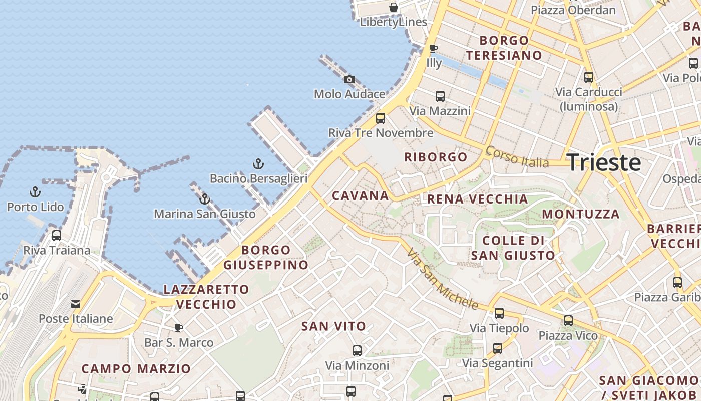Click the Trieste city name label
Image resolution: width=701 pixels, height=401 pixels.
pyautogui.click(x=604, y=163)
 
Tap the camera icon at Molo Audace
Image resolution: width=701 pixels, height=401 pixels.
pyautogui.click(x=349, y=79)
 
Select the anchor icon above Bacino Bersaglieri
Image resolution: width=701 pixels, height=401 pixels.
pyautogui.click(x=258, y=164)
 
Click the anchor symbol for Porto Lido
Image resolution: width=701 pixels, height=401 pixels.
pyautogui.click(x=35, y=192)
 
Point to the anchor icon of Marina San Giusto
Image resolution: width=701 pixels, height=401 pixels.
pyautogui.click(x=204, y=199)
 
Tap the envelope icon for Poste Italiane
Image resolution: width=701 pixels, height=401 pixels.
pyautogui.click(x=76, y=304)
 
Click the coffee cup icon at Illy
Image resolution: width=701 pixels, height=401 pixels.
pyautogui.click(x=434, y=48)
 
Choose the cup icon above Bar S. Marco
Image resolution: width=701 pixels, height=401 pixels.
pyautogui.click(x=178, y=328)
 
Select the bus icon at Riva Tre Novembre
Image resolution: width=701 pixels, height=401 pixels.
pyautogui.click(x=381, y=118)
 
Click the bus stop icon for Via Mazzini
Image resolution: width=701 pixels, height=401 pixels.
pyautogui.click(x=440, y=96)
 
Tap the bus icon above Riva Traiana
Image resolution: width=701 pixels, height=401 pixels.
pyautogui.click(x=57, y=235)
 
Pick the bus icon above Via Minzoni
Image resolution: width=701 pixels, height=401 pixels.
pyautogui.click(x=357, y=350)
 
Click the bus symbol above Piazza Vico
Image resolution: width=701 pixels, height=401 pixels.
pyautogui.click(x=568, y=321)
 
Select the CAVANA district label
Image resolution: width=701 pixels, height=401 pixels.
pyautogui.click(x=361, y=196)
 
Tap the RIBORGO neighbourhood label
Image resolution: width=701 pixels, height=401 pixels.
pyautogui.click(x=436, y=157)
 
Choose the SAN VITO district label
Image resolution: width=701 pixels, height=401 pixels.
pyautogui.click(x=333, y=326)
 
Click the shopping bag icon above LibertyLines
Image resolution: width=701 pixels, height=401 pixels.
pyautogui.click(x=394, y=7)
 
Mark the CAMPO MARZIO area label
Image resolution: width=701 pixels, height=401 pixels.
pyautogui.click(x=136, y=369)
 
